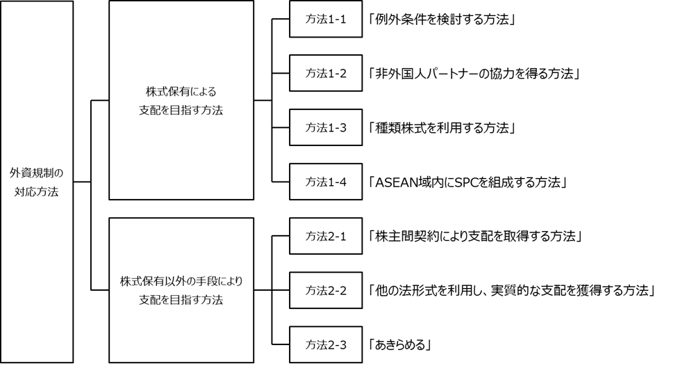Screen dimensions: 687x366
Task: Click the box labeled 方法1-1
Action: pos(326,19)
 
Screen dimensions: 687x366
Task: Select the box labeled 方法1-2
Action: pos(326,73)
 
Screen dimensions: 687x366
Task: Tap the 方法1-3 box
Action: pos(326,127)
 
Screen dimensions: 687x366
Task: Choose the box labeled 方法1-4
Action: pos(326,181)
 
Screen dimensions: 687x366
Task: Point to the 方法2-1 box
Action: pos(326,236)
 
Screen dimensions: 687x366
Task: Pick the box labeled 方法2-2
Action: pos(326,290)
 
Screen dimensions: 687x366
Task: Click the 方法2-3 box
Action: pos(326,344)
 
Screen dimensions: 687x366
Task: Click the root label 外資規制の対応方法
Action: pos(36,182)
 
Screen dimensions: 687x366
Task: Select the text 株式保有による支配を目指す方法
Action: pos(181,101)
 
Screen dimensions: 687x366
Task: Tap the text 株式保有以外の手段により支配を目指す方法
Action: pos(181,291)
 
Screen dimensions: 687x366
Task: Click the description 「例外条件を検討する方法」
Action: pos(442,19)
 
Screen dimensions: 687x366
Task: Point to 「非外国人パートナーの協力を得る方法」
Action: pos(474,73)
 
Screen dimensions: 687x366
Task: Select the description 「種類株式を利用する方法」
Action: pos(442,128)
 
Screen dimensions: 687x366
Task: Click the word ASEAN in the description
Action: pos(396,182)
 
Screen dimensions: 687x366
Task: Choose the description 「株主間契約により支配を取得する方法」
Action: pos(475,237)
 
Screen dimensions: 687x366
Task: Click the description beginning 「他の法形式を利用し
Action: pos(512,291)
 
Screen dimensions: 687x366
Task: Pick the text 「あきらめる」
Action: pos(400,345)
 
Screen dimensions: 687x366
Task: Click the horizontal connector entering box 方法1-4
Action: pos(281,181)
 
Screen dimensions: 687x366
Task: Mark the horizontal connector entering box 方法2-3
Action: pos(281,344)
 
